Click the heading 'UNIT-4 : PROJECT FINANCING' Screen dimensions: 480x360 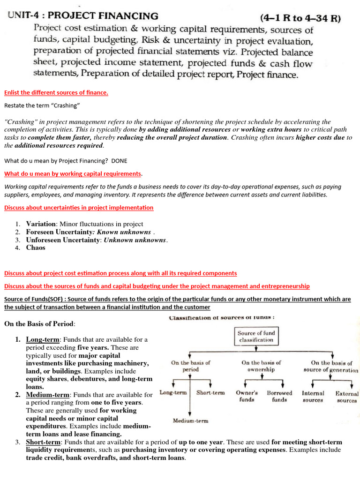pos(83,17)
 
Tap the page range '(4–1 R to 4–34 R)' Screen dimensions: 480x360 pos(300,19)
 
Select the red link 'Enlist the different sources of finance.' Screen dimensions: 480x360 pos(56,92)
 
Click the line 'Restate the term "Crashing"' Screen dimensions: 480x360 pos(42,105)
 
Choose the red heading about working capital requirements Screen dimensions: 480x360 pos(73,173)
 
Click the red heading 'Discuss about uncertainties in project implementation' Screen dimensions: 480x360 pos(78,207)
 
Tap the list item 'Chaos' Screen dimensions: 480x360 pos(36,247)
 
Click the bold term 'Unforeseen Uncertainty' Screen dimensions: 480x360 pos(63,240)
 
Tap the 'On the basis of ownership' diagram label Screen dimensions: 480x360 pos(261,366)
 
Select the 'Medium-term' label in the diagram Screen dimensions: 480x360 pos(190,420)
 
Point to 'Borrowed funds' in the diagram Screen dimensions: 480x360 pos(279,396)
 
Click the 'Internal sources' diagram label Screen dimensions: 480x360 pos(313,397)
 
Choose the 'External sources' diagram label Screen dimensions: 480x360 pos(346,397)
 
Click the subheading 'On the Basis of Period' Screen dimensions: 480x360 pos(39,324)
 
